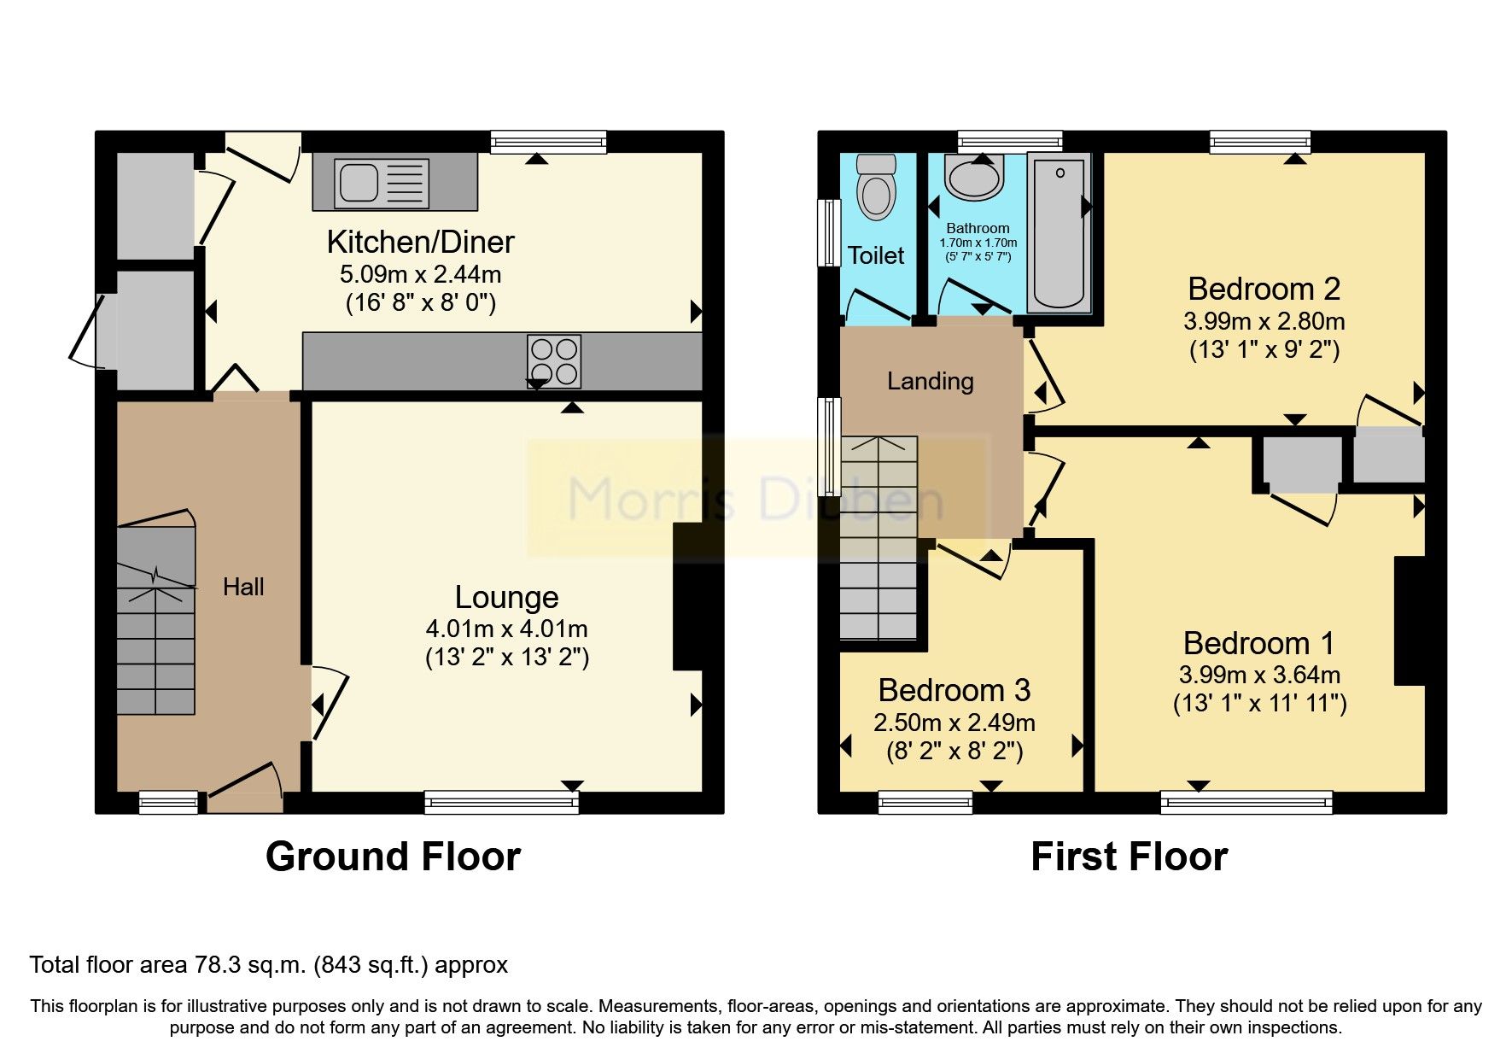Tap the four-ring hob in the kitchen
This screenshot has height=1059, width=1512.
tap(554, 360)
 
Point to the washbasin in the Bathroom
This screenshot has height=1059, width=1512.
tap(973, 178)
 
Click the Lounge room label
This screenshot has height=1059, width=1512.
tap(506, 597)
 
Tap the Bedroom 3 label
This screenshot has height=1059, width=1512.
tap(954, 690)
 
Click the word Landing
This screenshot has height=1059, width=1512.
tap(930, 381)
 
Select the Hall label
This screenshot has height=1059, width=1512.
tap(243, 587)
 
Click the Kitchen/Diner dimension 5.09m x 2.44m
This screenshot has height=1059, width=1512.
tap(420, 275)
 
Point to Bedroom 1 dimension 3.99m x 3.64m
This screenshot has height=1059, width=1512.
tap(1259, 675)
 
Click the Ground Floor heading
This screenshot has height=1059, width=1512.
tap(393, 857)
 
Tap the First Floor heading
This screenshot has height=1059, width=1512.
tap(1129, 857)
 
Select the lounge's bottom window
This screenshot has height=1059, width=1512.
tap(501, 801)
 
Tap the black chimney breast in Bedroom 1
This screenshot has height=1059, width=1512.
tap(1410, 621)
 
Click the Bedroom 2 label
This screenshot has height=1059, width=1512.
tap(1264, 290)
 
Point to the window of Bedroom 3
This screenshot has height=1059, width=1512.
tap(925, 801)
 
